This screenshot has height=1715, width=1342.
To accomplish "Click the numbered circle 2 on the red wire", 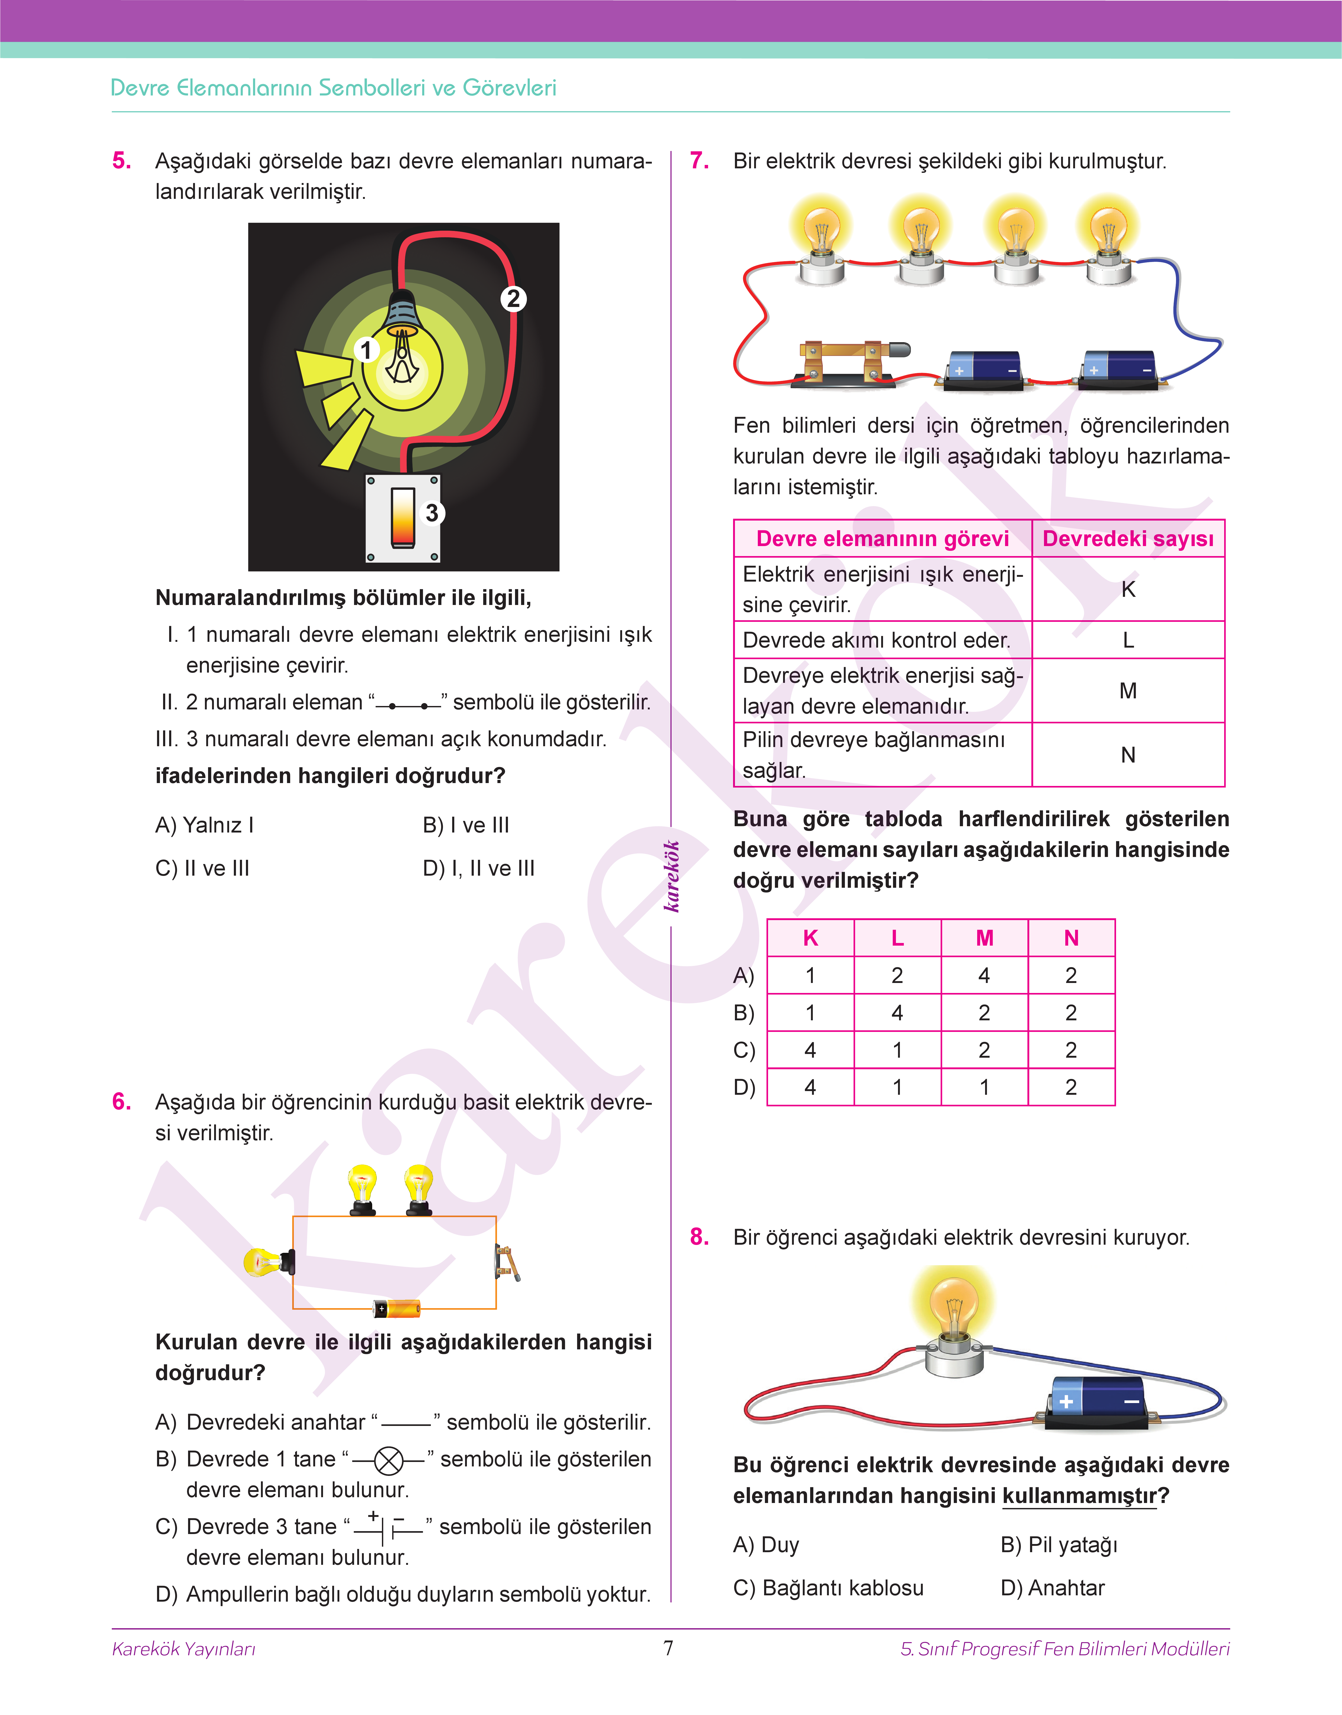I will [x=513, y=299].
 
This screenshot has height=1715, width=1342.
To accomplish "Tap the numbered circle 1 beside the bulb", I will [x=365, y=350].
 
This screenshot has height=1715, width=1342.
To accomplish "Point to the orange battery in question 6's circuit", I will [x=397, y=1308].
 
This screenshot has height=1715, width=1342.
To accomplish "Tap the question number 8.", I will [x=699, y=1237].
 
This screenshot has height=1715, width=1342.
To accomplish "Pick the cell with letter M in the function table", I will [x=1128, y=690].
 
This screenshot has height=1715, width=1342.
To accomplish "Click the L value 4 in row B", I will [x=897, y=1013].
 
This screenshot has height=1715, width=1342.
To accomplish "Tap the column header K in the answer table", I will [x=810, y=938].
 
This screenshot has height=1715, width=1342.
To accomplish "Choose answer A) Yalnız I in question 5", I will [x=204, y=825].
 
